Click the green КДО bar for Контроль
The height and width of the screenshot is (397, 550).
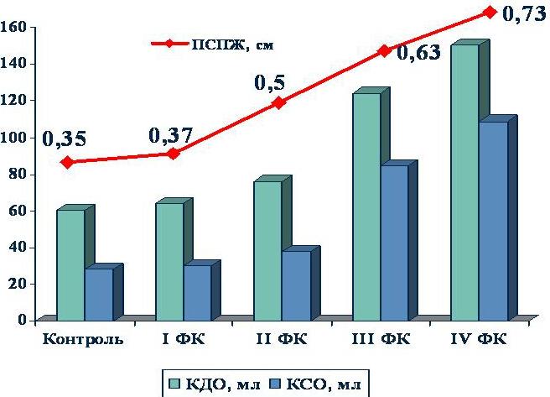coord(70,265)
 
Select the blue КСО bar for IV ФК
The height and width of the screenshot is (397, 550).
coord(494,221)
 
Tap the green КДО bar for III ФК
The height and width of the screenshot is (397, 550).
coord(366,206)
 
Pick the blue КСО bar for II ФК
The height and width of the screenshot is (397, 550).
coord(297,285)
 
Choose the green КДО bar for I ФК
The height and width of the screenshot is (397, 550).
coord(169,262)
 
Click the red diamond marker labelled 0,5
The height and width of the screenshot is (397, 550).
coord(279,103)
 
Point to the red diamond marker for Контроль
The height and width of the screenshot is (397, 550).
coord(68,162)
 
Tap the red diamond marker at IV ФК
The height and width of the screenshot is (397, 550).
coord(490,13)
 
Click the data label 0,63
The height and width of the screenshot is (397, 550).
coord(418,53)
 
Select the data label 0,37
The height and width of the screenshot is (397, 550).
coord(170,135)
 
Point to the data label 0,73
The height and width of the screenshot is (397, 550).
coord(525,14)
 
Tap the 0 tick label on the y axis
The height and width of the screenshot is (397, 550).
coord(23,320)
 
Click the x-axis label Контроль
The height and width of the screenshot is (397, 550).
coord(83,339)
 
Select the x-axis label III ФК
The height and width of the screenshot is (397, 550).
coord(381,339)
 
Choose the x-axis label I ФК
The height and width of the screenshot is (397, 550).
coord(183,339)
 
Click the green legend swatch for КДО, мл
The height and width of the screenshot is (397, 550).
coord(174,384)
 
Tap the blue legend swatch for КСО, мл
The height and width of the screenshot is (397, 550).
coord(276,384)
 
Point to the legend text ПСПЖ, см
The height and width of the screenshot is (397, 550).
coord(232,44)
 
